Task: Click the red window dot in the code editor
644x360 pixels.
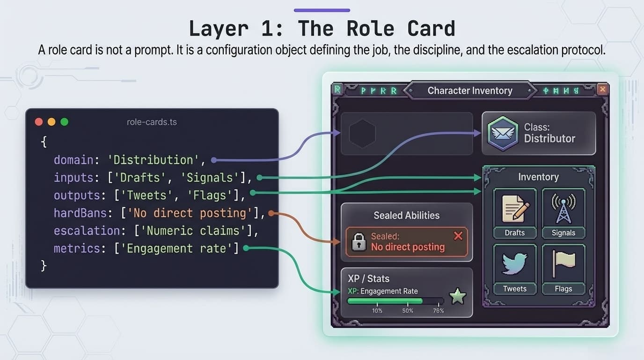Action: tap(39, 122)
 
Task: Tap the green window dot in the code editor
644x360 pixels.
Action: tap(65, 122)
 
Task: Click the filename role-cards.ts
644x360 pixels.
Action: tap(152, 122)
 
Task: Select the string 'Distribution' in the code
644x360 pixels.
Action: tap(154, 160)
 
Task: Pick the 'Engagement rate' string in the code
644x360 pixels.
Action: tap(176, 248)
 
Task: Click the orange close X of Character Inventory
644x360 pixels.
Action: tap(602, 89)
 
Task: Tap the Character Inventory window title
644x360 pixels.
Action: tap(469, 90)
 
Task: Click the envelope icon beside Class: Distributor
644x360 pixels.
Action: tap(503, 133)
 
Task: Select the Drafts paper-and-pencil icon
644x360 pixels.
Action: tap(515, 209)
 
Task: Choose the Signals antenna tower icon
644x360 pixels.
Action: tap(563, 209)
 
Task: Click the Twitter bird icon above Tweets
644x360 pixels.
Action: tap(515, 264)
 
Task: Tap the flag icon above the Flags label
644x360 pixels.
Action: tap(563, 264)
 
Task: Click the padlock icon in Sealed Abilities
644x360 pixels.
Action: tap(359, 242)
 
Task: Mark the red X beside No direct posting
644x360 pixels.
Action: tap(458, 236)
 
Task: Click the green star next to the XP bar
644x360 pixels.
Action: tap(457, 296)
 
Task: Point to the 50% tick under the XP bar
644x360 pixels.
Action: tap(408, 310)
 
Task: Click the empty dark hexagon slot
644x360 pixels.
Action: tap(362, 134)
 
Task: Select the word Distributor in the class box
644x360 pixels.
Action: tap(549, 139)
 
